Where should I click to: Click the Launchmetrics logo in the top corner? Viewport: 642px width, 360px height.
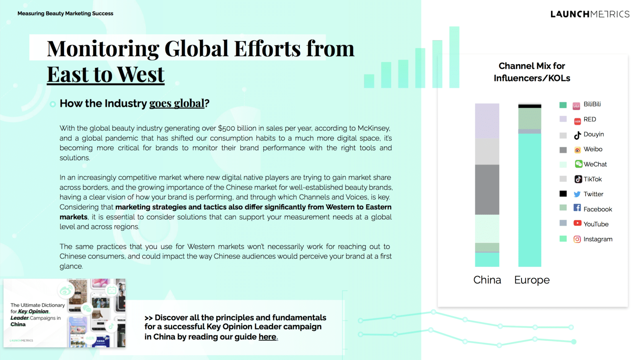click(590, 14)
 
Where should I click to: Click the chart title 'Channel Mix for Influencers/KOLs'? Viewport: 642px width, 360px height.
click(532, 72)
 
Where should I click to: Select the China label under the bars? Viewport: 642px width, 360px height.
click(487, 280)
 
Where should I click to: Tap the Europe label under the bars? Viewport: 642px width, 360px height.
click(532, 280)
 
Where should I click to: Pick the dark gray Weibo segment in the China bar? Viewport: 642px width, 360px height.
click(487, 189)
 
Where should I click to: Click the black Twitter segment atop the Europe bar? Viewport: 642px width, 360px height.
click(530, 106)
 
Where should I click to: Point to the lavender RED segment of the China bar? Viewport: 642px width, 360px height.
click(487, 121)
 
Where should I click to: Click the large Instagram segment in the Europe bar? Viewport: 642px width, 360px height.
click(530, 200)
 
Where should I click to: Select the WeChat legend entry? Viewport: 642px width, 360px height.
click(583, 164)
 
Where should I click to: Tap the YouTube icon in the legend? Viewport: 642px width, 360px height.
click(577, 223)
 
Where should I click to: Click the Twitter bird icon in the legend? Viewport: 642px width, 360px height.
click(577, 194)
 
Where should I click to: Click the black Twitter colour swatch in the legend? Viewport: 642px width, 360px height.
click(563, 194)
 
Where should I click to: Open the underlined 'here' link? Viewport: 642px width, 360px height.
click(268, 337)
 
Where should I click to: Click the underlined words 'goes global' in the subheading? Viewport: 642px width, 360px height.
click(177, 103)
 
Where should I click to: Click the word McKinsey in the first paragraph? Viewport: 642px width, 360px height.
click(374, 128)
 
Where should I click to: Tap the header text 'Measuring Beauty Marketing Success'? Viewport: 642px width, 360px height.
click(65, 14)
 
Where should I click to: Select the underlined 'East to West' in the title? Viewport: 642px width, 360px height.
click(106, 74)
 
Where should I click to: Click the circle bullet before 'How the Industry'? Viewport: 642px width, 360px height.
click(53, 104)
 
